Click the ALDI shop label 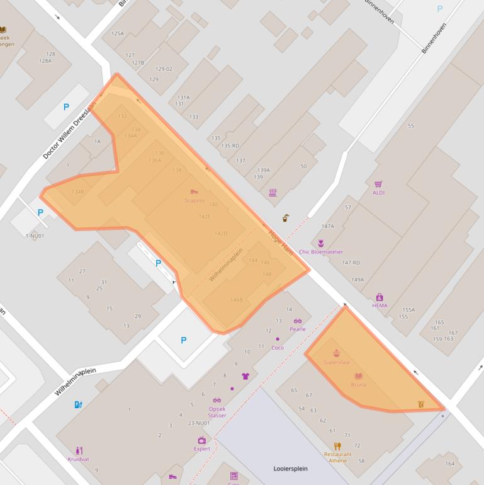pyautogui.click(x=378, y=193)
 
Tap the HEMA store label pyautogui.click(x=380, y=305)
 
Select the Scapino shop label pyautogui.click(x=194, y=200)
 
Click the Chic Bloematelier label pyautogui.click(x=321, y=252)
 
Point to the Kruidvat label pyautogui.click(x=79, y=459)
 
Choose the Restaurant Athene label pyautogui.click(x=338, y=457)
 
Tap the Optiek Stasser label pyautogui.click(x=217, y=412)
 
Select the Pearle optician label pyautogui.click(x=298, y=329)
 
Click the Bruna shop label pyautogui.click(x=358, y=384)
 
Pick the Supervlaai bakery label pyautogui.click(x=336, y=362)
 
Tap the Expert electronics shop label pyautogui.click(x=202, y=448)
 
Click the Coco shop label pyautogui.click(x=278, y=348)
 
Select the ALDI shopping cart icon pyautogui.click(x=378, y=184)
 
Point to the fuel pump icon pyautogui.click(x=79, y=404)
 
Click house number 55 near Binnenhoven pyautogui.click(x=411, y=126)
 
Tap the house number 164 pyautogui.click(x=449, y=464)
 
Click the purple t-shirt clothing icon pyautogui.click(x=245, y=376)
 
